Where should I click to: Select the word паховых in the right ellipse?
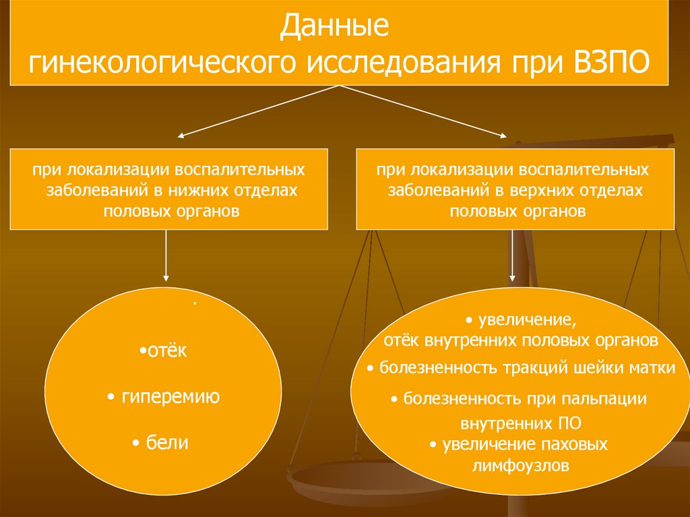click(x=578, y=445)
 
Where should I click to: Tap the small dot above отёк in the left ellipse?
click(x=194, y=305)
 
